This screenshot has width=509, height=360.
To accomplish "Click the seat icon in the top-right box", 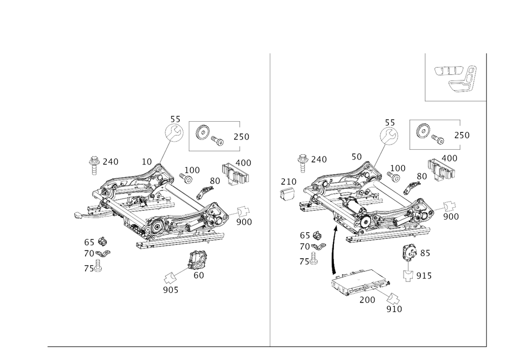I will tap(456, 77).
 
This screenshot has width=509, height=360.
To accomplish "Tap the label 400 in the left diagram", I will tap(245, 162).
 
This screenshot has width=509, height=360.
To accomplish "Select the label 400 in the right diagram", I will tap(449, 158).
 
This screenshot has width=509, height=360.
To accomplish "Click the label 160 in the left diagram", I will tap(192, 169).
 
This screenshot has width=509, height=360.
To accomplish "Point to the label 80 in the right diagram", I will tap(421, 176).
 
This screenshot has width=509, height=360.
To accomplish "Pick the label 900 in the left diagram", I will tap(244, 223).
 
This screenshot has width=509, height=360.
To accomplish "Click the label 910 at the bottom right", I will tap(394, 308).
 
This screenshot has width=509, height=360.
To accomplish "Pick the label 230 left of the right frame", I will tap(289, 182).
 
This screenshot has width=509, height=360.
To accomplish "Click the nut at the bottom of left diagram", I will tap(170, 278).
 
